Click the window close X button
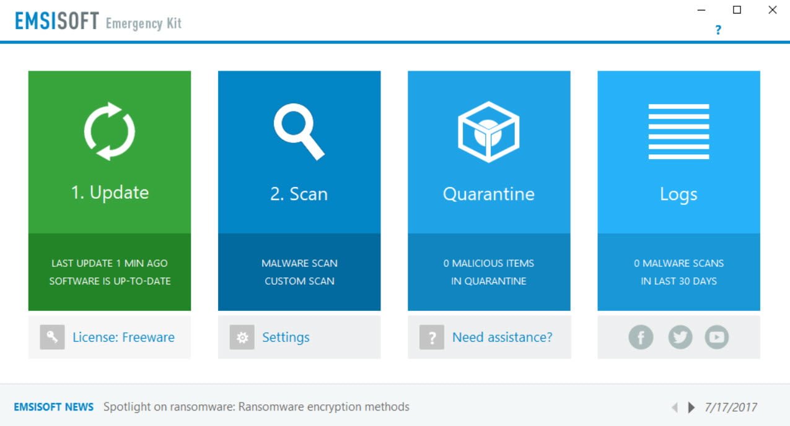(x=773, y=10)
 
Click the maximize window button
(x=737, y=10)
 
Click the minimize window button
(x=701, y=11)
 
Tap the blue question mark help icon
(x=718, y=30)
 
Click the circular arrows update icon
(x=109, y=131)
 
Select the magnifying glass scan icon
(x=299, y=131)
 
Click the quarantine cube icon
(x=488, y=132)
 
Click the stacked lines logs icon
(x=678, y=131)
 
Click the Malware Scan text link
(x=299, y=263)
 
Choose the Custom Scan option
(x=299, y=281)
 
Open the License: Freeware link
(x=123, y=337)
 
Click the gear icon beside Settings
(x=242, y=337)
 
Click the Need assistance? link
(x=503, y=337)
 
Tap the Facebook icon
(x=641, y=337)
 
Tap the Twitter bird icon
(x=680, y=337)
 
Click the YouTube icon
(x=717, y=337)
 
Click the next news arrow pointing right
(x=691, y=407)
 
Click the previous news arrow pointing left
(x=675, y=407)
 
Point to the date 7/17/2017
(x=731, y=407)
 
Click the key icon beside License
(x=52, y=337)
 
